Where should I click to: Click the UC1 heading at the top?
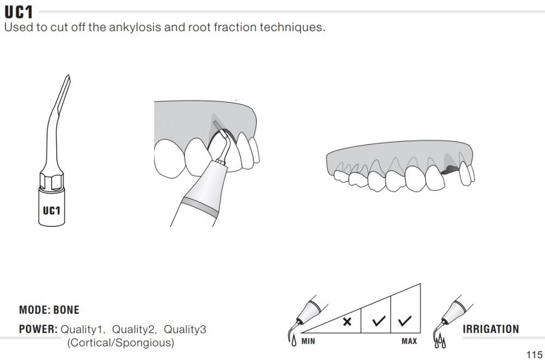(x=19, y=12)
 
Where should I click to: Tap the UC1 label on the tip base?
(x=51, y=211)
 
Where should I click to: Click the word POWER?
(x=38, y=329)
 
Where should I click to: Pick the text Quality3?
(x=185, y=329)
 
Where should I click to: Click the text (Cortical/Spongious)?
(x=120, y=343)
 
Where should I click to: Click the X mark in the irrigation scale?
(x=347, y=322)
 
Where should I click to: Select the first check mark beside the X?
(x=379, y=321)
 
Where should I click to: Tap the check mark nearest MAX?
(x=404, y=321)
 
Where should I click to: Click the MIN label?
(x=308, y=341)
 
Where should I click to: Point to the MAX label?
(x=409, y=341)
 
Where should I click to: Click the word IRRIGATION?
(x=491, y=329)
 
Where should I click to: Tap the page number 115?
(x=534, y=355)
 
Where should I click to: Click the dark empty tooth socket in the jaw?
(x=450, y=170)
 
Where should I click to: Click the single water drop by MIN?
(x=294, y=340)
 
